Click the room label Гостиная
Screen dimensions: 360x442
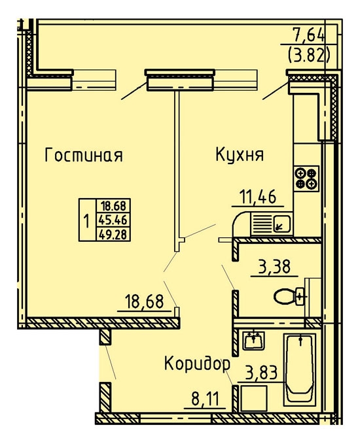click(x=84, y=155)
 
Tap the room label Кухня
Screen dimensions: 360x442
click(x=240, y=154)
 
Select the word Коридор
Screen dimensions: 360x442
click(x=197, y=364)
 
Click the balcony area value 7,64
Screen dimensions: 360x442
click(x=309, y=35)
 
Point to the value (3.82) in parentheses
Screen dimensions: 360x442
click(x=309, y=55)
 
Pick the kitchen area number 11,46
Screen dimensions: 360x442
click(x=258, y=196)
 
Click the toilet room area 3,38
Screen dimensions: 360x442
click(x=274, y=266)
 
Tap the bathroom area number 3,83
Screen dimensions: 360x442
click(x=262, y=372)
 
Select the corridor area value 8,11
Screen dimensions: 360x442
click(x=205, y=399)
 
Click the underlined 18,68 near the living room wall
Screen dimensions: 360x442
click(x=145, y=301)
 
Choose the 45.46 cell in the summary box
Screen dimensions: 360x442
click(x=113, y=220)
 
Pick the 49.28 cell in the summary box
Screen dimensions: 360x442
click(x=113, y=234)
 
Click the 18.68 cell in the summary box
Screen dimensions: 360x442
click(x=113, y=206)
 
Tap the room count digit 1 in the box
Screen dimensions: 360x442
click(x=87, y=221)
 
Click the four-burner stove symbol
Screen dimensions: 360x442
click(x=306, y=178)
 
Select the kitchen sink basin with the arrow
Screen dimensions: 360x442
click(x=282, y=224)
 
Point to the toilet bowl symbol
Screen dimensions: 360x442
click(x=289, y=296)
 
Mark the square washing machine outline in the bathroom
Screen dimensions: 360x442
click(x=253, y=398)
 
